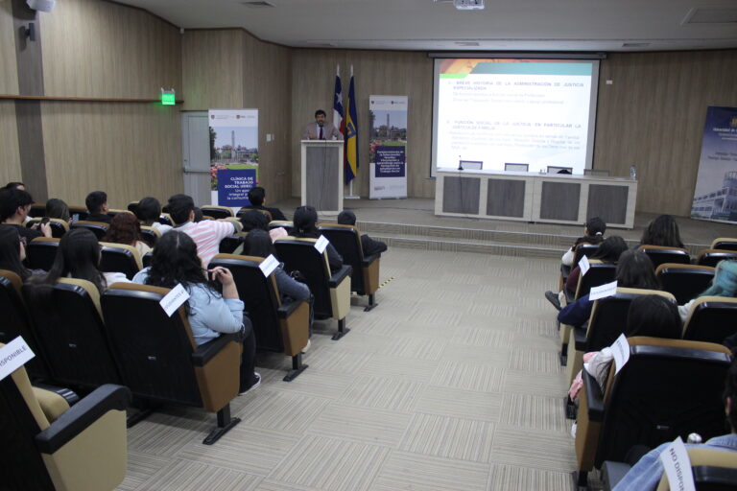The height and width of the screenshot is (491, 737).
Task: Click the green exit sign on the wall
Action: pos(168,97)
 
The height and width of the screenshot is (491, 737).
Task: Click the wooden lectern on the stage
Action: pos(321,175)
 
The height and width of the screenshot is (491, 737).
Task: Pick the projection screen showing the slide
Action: pos(514,115)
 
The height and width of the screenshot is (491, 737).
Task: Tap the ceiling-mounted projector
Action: pos(468,4)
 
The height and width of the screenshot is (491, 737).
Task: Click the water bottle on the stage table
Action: pos(631,173)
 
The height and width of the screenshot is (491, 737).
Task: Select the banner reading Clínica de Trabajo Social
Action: pos(233,156)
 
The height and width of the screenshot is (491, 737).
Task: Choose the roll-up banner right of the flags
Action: pos(388,146)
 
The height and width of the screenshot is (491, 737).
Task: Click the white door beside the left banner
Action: pos(197,158)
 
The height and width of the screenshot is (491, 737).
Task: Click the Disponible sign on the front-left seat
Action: pos(14,357)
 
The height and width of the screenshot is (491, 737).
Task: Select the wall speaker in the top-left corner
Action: pos(40,5)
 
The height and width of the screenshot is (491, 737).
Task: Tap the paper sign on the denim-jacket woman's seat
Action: pos(174,299)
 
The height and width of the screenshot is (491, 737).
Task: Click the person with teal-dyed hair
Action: pos(722,280)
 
